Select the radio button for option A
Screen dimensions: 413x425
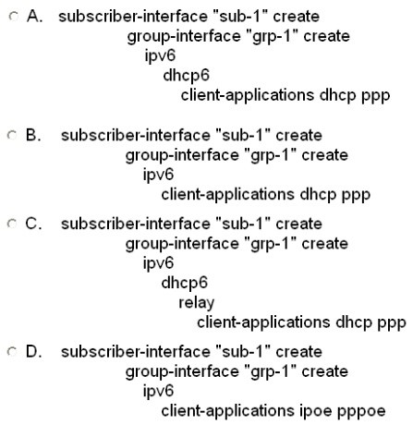tap(13, 16)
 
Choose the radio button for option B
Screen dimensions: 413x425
tap(12, 135)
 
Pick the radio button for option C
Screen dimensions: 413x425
tap(12, 224)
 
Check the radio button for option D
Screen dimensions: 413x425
tap(12, 351)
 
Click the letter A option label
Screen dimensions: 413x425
tap(34, 16)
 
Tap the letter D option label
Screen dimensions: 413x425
tap(33, 351)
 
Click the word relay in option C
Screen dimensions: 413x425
tap(197, 303)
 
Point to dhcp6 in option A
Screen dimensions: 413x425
tap(187, 76)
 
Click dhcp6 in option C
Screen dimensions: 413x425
tap(185, 283)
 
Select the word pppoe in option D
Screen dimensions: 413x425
tap(361, 411)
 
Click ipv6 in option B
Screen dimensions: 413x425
tap(158, 175)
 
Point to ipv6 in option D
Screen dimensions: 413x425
tap(158, 392)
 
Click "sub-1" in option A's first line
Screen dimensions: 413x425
tap(240, 16)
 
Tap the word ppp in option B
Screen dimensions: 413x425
tap(356, 195)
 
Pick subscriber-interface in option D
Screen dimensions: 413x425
tap(136, 351)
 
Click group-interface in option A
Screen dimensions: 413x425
tap(184, 36)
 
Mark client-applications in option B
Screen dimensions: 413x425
tap(228, 195)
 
